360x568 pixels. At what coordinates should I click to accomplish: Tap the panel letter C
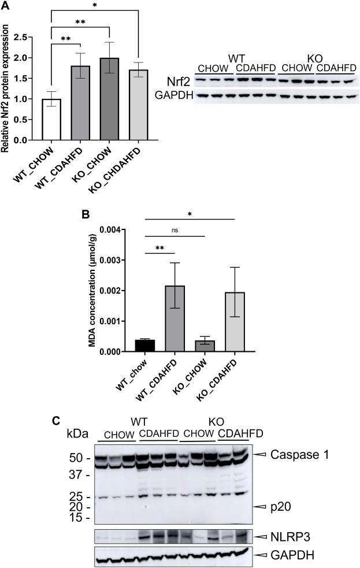(56, 420)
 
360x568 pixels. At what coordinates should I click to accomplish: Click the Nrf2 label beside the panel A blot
(178, 82)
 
